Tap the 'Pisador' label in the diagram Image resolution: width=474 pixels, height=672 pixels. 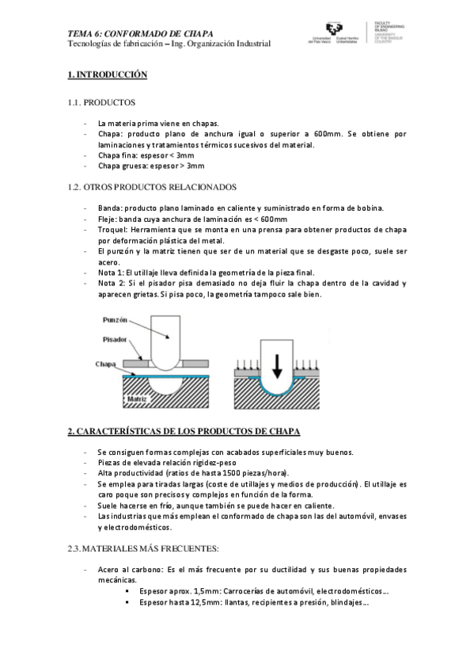click(115, 339)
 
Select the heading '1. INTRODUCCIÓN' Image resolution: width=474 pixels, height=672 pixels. click(108, 74)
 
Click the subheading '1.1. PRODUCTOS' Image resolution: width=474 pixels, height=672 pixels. click(101, 103)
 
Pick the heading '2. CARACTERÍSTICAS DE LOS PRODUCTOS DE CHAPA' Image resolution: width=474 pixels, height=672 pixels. click(184, 431)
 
